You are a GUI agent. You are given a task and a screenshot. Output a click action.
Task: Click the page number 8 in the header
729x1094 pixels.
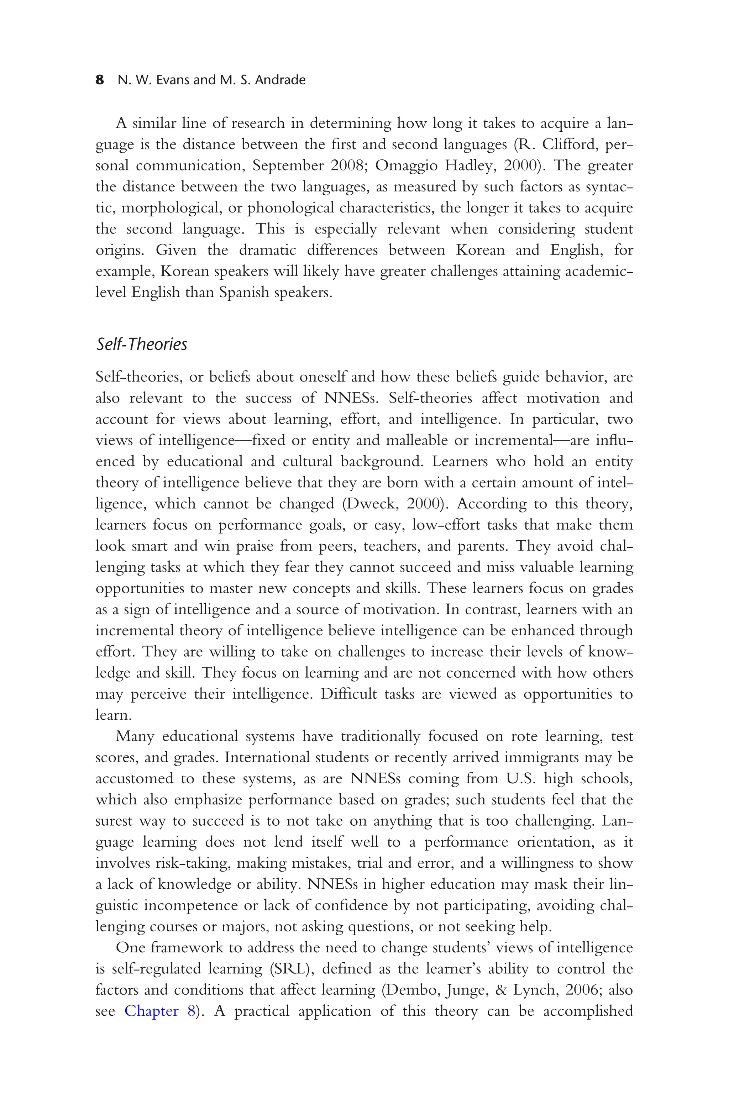(x=100, y=80)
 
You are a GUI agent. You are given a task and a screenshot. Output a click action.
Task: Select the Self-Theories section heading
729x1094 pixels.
(x=141, y=344)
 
